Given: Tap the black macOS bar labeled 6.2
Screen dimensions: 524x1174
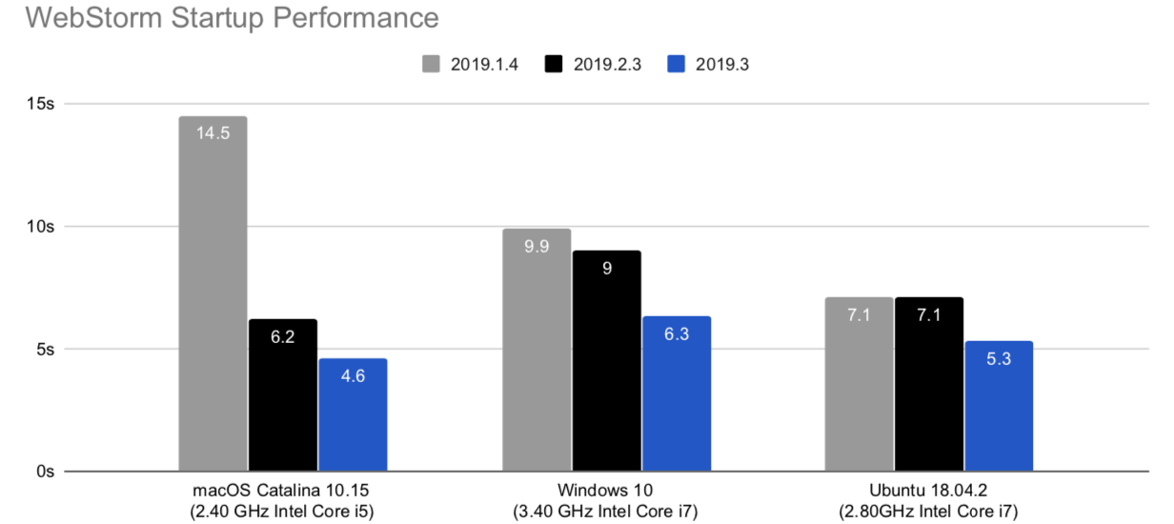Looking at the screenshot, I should (283, 394).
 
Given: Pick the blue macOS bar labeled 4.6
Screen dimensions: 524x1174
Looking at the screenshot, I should (353, 414).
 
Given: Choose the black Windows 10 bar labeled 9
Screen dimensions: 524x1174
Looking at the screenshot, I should (606, 361).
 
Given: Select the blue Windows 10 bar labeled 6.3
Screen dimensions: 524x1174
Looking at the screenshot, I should (677, 393).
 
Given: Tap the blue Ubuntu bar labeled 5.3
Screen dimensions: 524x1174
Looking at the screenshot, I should (999, 406).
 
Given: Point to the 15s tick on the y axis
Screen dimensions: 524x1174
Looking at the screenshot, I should (39, 103).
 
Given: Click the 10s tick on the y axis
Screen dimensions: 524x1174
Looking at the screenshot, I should (39, 226).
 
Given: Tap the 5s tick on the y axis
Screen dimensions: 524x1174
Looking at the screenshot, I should (43, 349).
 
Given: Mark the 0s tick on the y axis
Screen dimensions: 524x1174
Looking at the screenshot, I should (43, 472).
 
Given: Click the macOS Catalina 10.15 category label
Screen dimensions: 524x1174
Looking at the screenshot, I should (283, 493).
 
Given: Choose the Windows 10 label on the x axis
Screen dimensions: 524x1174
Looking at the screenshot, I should (606, 493).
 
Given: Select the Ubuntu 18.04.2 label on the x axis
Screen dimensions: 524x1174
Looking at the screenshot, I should (928, 493).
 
